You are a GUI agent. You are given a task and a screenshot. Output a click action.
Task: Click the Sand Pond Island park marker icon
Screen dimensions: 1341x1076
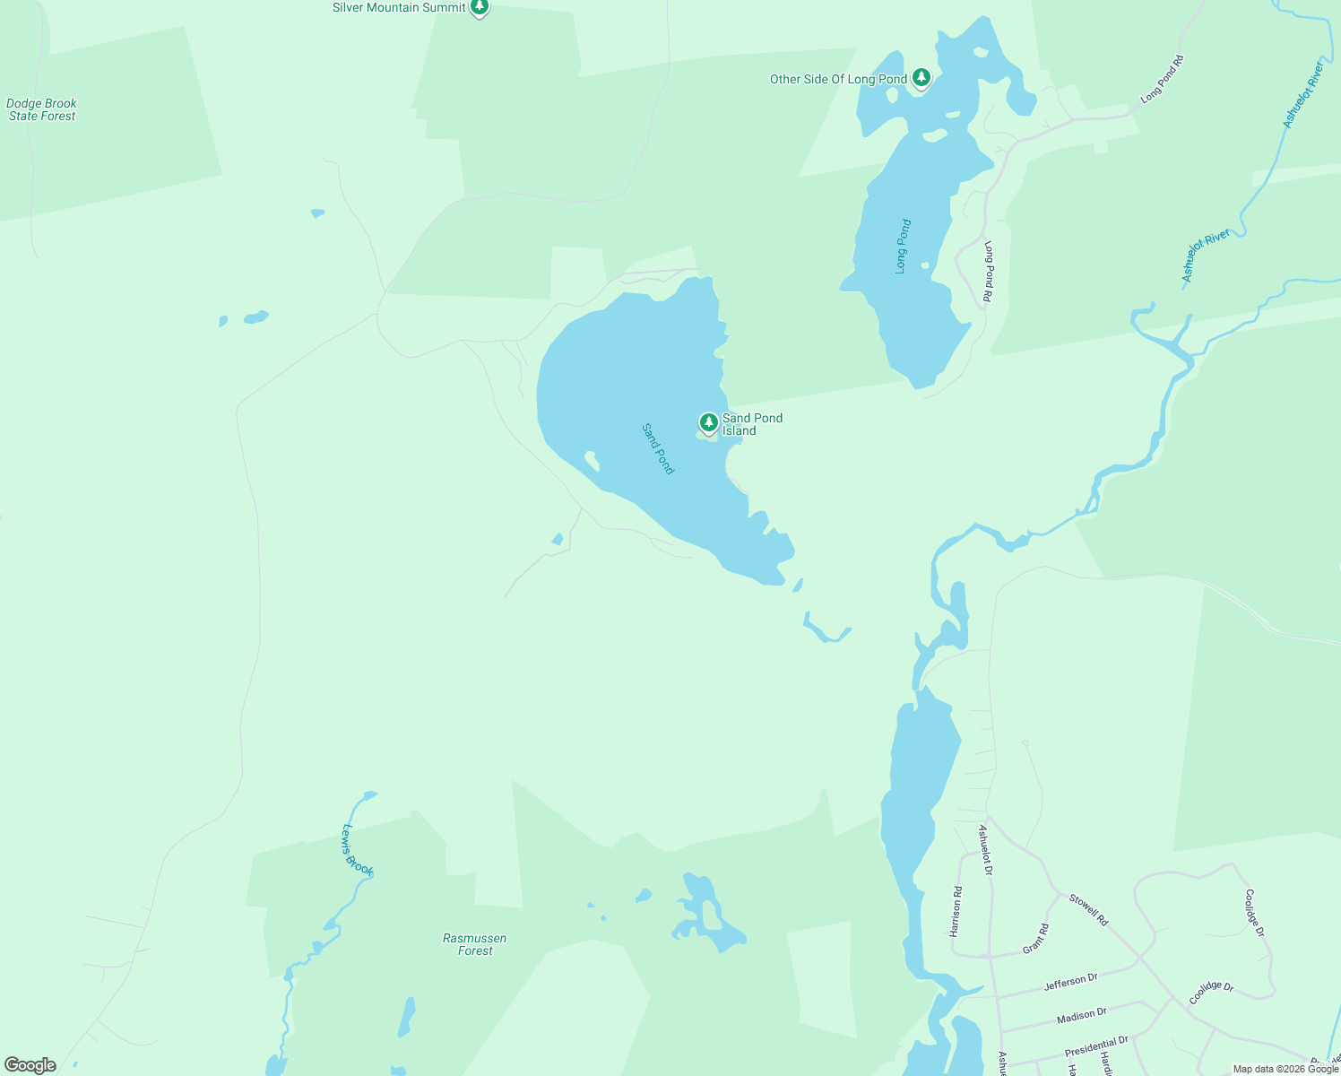coord(708,421)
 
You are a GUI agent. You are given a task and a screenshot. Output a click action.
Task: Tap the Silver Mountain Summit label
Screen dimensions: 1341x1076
coord(399,7)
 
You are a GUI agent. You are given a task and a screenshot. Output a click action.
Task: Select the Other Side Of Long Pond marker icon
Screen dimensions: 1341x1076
coord(921,78)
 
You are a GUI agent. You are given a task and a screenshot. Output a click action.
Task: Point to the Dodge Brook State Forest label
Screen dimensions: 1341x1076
coord(42,109)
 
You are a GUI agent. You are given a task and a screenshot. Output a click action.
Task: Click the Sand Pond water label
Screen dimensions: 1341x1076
coord(658,448)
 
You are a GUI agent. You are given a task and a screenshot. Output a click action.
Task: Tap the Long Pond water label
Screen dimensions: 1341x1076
coord(904,246)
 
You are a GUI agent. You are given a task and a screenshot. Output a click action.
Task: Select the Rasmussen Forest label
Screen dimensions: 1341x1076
coord(475,944)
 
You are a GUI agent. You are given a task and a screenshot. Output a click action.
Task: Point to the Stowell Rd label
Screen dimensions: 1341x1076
coord(1088,909)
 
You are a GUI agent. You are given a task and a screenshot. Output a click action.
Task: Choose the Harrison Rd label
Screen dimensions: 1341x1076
coord(956,912)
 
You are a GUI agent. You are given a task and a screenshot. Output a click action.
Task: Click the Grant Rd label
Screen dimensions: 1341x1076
coord(1035,938)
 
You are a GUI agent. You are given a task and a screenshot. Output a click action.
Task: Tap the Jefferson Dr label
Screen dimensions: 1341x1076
coord(1070,983)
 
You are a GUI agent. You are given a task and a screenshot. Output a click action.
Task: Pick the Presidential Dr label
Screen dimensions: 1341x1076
coord(1095,1046)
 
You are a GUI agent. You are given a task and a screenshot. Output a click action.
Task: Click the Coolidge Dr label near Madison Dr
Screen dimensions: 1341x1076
coord(1211,993)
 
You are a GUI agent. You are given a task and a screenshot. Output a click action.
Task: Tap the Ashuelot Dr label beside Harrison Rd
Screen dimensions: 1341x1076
coord(985,849)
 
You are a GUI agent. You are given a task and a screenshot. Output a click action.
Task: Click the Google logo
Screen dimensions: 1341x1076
coord(30,1065)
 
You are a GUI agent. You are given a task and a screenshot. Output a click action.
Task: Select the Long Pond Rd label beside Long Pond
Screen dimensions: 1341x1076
coord(989,275)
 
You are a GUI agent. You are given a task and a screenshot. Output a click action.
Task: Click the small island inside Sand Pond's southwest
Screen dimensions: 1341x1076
coord(592,461)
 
